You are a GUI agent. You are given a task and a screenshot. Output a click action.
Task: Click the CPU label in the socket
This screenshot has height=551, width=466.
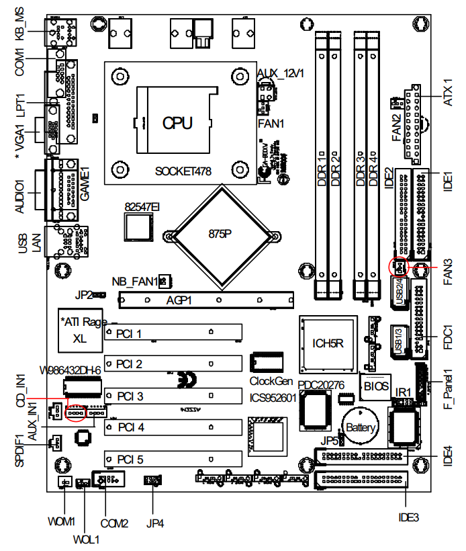[x=178, y=122]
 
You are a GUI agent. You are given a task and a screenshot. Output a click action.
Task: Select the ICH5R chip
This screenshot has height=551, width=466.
[x=328, y=343]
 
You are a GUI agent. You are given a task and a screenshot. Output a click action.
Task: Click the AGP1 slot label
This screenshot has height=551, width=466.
[x=179, y=300]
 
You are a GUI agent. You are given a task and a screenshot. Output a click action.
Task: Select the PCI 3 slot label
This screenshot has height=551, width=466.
[x=129, y=396]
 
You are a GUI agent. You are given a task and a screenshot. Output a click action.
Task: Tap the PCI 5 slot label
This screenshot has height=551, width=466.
[x=129, y=460]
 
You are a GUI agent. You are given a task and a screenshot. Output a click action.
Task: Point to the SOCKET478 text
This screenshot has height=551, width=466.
[x=183, y=171]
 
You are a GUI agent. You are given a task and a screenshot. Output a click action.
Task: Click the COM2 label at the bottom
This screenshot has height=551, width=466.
[x=113, y=522]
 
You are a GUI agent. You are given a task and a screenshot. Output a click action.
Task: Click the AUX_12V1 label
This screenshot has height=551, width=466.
[x=280, y=73]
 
